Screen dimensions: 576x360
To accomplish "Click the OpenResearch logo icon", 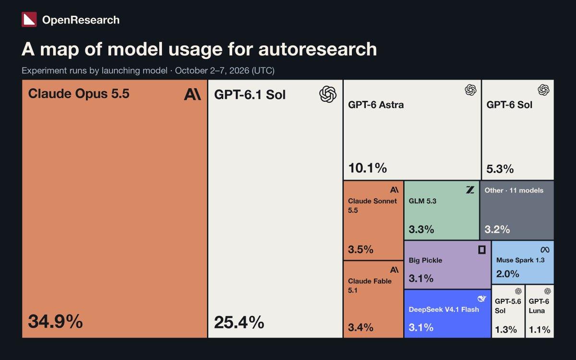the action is tap(29, 20).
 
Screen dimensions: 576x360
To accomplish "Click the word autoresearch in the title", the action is tap(318, 49).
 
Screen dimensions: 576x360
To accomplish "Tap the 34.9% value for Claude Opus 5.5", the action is tap(55, 322).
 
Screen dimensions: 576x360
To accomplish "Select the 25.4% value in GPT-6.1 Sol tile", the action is tap(239, 322).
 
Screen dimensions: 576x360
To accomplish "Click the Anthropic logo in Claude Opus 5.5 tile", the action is tap(192, 95).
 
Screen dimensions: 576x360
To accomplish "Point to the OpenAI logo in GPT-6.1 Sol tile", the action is tap(328, 95).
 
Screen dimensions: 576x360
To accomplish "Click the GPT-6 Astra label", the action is tap(376, 105).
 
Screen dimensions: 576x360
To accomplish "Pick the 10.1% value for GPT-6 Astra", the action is tap(368, 168).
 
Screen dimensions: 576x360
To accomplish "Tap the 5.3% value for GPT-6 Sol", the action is tap(500, 169).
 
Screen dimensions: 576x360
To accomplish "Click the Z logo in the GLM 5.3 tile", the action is tap(470, 190).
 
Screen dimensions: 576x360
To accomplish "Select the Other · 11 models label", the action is tap(514, 191).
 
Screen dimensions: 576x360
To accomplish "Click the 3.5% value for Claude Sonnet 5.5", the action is tap(360, 250).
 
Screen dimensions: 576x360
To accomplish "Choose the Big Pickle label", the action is tap(425, 260).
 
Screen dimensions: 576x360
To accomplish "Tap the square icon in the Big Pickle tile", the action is tap(482, 250).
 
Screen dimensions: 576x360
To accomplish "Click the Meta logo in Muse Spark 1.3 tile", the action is tap(545, 250).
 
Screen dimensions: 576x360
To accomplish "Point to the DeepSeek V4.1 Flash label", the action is tap(444, 309).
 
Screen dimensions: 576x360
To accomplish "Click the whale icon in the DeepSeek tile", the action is tap(481, 299).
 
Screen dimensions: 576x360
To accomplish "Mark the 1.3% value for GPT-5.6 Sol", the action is tap(506, 329).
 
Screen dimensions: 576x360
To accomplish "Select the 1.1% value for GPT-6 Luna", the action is tap(540, 329).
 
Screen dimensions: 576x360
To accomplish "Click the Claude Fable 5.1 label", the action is tap(370, 286).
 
